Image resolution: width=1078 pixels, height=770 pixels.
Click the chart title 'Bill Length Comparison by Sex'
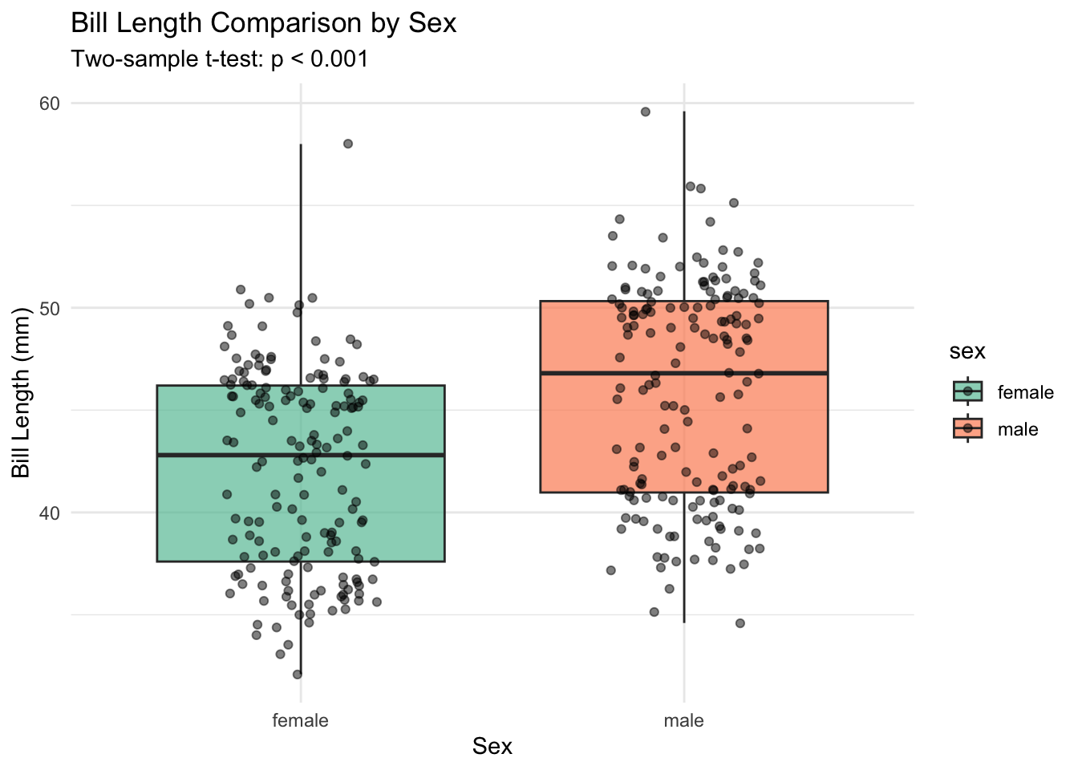(263, 23)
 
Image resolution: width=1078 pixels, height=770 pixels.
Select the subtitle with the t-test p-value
(219, 59)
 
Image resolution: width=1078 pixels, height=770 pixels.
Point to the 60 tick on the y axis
(50, 103)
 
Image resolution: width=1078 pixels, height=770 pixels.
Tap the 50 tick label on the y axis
(50, 308)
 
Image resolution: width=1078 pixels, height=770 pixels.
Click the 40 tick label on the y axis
(50, 513)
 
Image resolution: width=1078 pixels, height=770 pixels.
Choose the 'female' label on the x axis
(300, 720)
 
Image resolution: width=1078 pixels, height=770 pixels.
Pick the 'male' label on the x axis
(683, 720)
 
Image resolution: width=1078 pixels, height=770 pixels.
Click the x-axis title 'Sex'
(492, 747)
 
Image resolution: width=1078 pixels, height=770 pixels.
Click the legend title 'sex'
(967, 351)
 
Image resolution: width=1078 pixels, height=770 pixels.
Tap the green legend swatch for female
(967, 391)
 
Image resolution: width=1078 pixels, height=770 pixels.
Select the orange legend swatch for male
(967, 429)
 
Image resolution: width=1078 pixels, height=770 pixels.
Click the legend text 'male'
(1017, 430)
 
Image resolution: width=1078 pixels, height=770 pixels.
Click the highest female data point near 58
(348, 144)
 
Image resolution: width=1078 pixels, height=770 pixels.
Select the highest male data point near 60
(645, 111)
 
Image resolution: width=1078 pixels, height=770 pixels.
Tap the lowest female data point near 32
(298, 675)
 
